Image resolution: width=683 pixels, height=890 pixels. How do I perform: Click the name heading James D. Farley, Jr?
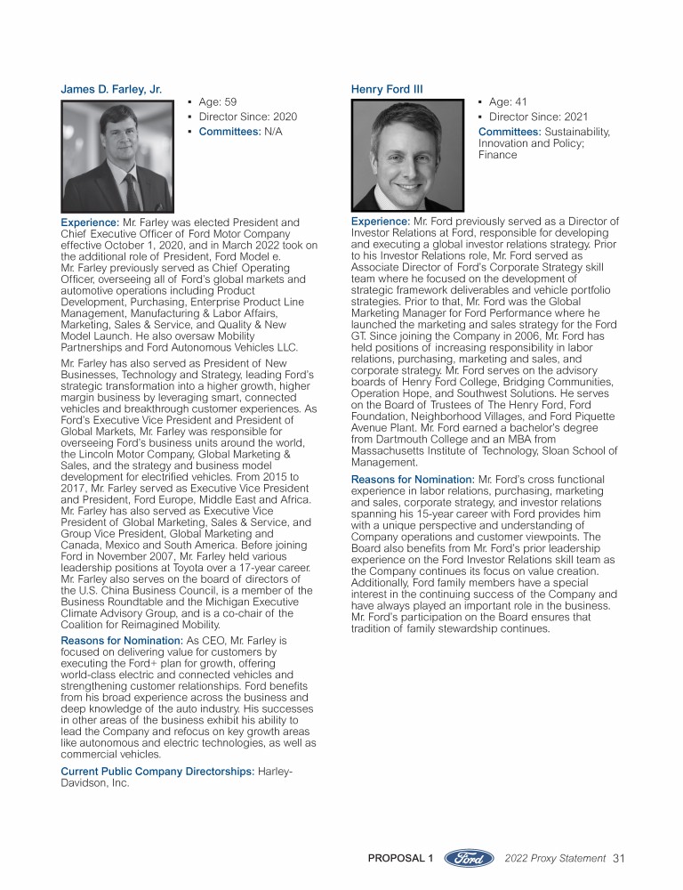[x=110, y=89]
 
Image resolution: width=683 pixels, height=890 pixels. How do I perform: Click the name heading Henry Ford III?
[x=387, y=89]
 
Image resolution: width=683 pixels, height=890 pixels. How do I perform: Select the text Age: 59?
[x=217, y=102]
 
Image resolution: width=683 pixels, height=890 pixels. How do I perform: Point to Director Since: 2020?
[x=247, y=117]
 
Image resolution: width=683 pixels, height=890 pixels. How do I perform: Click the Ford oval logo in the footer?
[x=469, y=858]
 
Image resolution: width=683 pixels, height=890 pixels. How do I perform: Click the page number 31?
[x=619, y=858]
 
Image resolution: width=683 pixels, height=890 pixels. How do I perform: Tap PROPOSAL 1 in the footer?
[x=400, y=858]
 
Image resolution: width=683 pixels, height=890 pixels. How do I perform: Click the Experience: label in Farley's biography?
[x=90, y=222]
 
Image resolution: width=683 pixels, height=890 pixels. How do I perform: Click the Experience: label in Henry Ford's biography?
[x=381, y=221]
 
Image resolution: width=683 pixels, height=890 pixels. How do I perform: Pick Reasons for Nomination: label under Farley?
[x=120, y=640]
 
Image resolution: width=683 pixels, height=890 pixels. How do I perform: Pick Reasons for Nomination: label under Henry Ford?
[x=412, y=480]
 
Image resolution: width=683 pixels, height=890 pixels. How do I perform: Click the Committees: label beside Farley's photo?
[x=229, y=132]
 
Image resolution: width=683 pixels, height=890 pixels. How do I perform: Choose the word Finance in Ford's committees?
[x=497, y=155]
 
